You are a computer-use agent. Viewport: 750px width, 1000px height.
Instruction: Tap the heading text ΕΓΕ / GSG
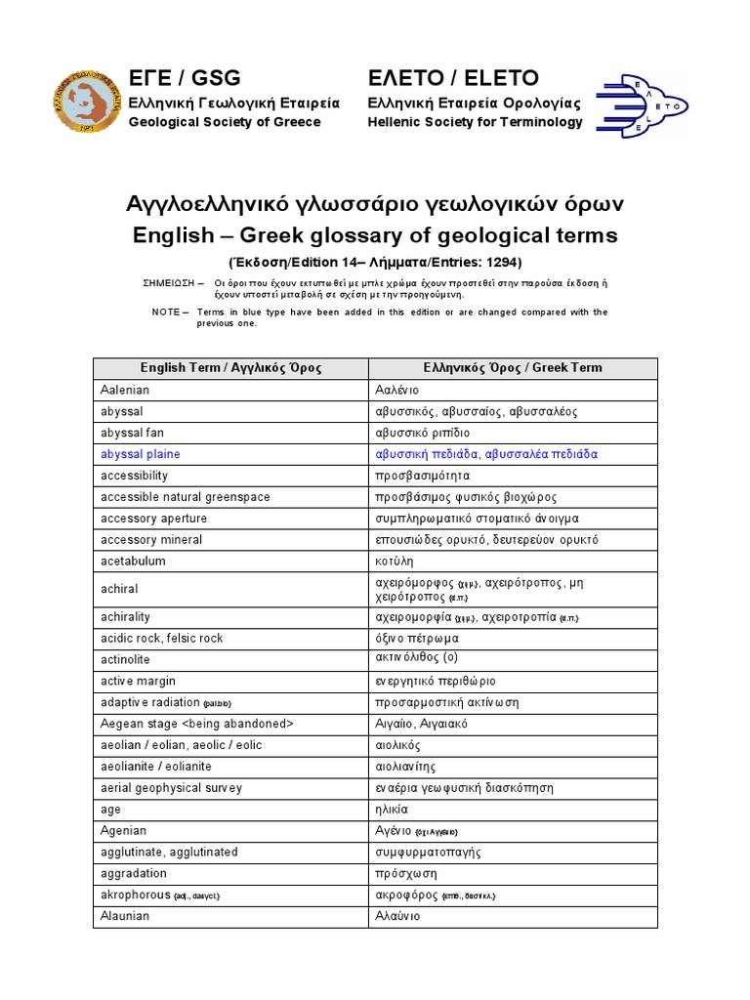point(185,78)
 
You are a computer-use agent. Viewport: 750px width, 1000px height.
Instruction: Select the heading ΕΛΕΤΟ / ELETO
point(453,78)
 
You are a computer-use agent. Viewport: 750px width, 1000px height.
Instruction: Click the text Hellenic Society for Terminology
point(475,122)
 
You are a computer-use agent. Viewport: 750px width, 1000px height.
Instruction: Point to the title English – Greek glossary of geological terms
point(375,235)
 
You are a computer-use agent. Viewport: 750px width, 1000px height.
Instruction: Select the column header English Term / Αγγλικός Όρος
point(230,368)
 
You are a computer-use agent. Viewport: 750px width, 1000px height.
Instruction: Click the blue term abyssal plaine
point(141,454)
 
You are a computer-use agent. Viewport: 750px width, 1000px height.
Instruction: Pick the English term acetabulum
point(133,562)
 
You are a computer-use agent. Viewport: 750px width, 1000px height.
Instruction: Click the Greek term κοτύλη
point(396,562)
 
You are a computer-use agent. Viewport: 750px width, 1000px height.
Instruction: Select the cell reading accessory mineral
point(151,540)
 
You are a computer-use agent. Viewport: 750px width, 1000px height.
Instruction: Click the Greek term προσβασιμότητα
point(423,476)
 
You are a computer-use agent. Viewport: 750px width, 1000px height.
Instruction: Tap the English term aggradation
point(134,873)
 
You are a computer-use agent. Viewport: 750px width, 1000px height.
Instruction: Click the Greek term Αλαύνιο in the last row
point(398,916)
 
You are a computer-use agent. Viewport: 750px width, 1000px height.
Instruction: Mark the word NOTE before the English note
point(166,312)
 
